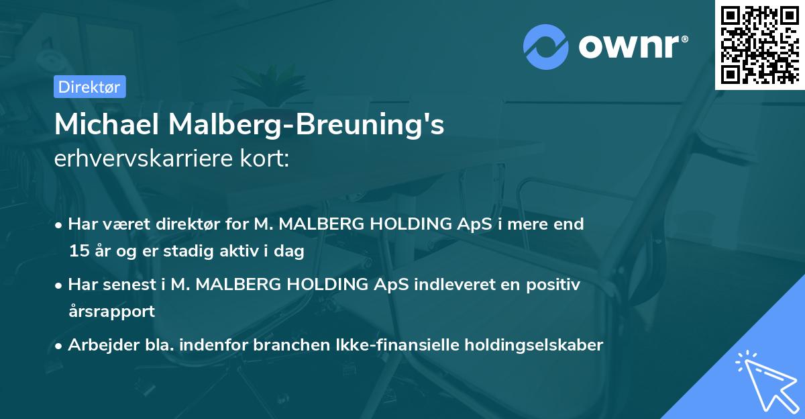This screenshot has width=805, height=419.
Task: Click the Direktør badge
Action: click(89, 87)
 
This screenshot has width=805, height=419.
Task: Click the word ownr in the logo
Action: click(631, 46)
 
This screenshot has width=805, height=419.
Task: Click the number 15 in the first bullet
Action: click(77, 252)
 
